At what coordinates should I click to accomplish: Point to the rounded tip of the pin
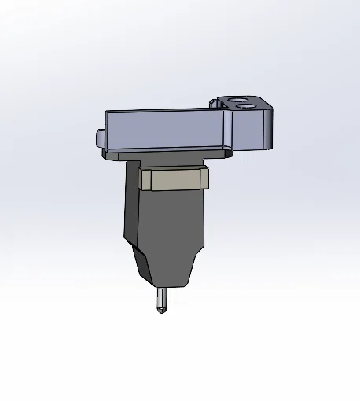pos(161,310)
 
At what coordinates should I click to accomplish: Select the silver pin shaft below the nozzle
pos(161,298)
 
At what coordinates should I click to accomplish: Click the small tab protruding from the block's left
pos(98,139)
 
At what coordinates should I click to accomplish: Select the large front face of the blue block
pos(165,131)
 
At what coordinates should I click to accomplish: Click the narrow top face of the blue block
pos(165,112)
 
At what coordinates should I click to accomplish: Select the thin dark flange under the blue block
pos(169,156)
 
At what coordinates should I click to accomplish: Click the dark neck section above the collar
pos(169,162)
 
